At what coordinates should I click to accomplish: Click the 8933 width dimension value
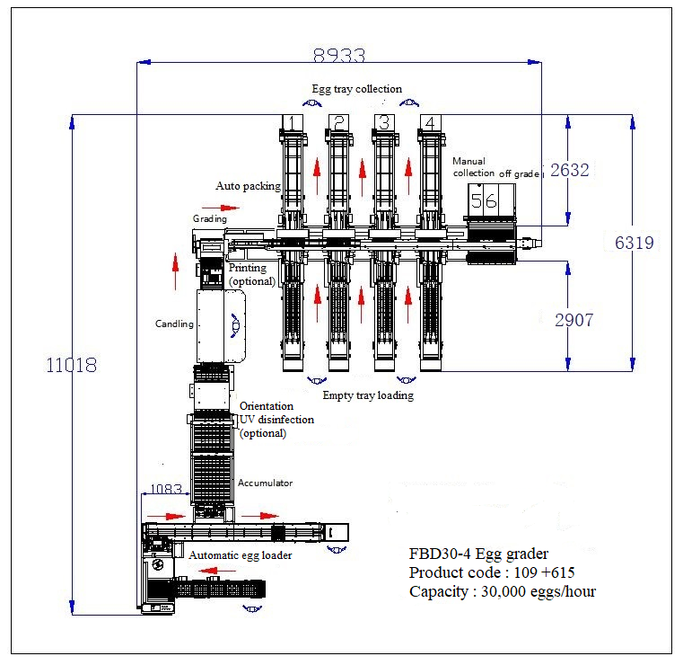tap(339, 55)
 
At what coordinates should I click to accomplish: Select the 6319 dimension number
tap(635, 243)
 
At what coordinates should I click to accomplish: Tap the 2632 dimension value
tap(570, 170)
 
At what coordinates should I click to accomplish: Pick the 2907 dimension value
tap(571, 319)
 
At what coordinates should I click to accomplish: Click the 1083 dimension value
tap(164, 490)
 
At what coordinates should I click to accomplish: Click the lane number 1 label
tap(292, 122)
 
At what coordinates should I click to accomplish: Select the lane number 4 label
tap(429, 122)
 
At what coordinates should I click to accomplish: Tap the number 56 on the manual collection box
tap(484, 200)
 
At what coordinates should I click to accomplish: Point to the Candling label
tap(174, 324)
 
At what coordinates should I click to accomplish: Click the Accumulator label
tap(265, 483)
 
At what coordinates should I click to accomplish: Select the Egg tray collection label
tap(356, 89)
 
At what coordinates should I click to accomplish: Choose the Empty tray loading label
tap(368, 395)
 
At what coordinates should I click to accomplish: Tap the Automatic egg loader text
tap(240, 555)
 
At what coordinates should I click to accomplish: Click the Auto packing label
tap(248, 186)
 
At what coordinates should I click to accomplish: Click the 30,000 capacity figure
tap(509, 591)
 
